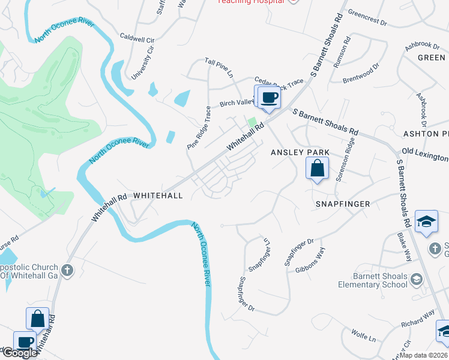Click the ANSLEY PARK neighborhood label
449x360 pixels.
[x=300, y=152]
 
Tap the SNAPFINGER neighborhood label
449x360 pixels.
[x=343, y=204]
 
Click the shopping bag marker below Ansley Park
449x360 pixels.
[x=318, y=169]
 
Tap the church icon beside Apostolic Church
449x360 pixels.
[x=67, y=270]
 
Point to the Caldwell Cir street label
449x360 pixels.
[x=137, y=36]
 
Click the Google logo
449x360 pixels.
[x=19, y=353]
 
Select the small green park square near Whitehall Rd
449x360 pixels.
[x=252, y=122]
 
